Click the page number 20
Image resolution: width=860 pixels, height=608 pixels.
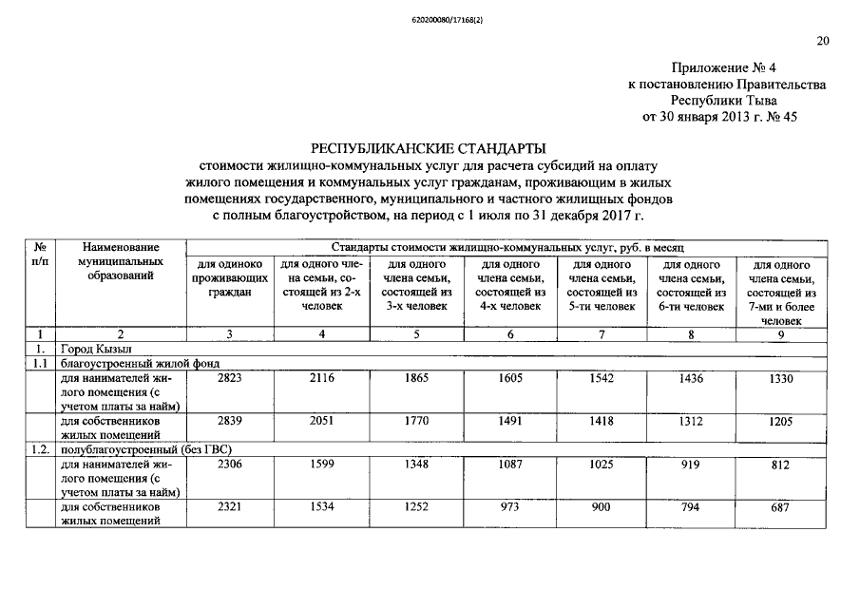point(823,40)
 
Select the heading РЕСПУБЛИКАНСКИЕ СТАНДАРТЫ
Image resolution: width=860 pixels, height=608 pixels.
point(429,149)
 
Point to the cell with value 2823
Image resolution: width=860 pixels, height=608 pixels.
point(230,377)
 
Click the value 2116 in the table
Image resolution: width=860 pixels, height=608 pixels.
point(321,377)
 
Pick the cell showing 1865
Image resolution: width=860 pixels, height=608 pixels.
point(416,377)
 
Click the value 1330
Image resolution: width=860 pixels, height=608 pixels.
point(779,377)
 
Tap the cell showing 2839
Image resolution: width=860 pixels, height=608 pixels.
point(230,419)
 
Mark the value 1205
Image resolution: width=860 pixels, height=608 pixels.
point(779,419)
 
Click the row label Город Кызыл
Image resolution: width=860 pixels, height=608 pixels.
point(91,349)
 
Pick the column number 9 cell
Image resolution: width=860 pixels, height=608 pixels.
point(779,333)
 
